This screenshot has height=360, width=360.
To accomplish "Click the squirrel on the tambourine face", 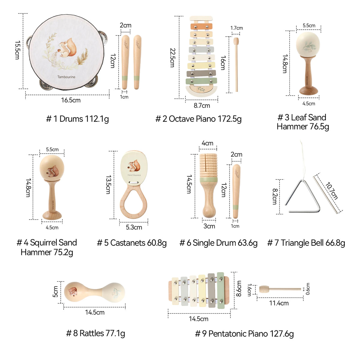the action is coord(67,48).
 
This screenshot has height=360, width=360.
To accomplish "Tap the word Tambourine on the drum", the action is coord(66,77).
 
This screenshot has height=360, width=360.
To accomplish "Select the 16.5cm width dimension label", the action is coord(71,100).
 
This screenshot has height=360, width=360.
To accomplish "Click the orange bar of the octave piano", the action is coord(201,26).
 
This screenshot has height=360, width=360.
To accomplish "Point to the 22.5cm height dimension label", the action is coord(172,58).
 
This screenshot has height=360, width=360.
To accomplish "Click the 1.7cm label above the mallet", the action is coord(236,28).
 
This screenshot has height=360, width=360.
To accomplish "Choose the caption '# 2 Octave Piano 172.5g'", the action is coord(198,119).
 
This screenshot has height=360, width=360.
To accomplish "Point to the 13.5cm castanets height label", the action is coord(108,184).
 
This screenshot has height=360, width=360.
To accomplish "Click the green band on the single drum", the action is coord(208,180).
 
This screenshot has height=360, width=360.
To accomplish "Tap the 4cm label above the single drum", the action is coord(207,143).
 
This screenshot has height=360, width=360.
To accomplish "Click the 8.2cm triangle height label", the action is coord(275,196).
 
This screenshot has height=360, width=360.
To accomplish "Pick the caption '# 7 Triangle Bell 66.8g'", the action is coord(306,243).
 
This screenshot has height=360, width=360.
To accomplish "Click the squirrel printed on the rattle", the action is coord(73,292).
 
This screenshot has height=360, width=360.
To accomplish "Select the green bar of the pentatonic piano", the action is coord(220,290).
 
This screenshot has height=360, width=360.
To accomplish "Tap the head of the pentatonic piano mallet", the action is coord(264,289).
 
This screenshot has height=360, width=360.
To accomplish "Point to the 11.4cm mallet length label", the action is coord(279,303).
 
